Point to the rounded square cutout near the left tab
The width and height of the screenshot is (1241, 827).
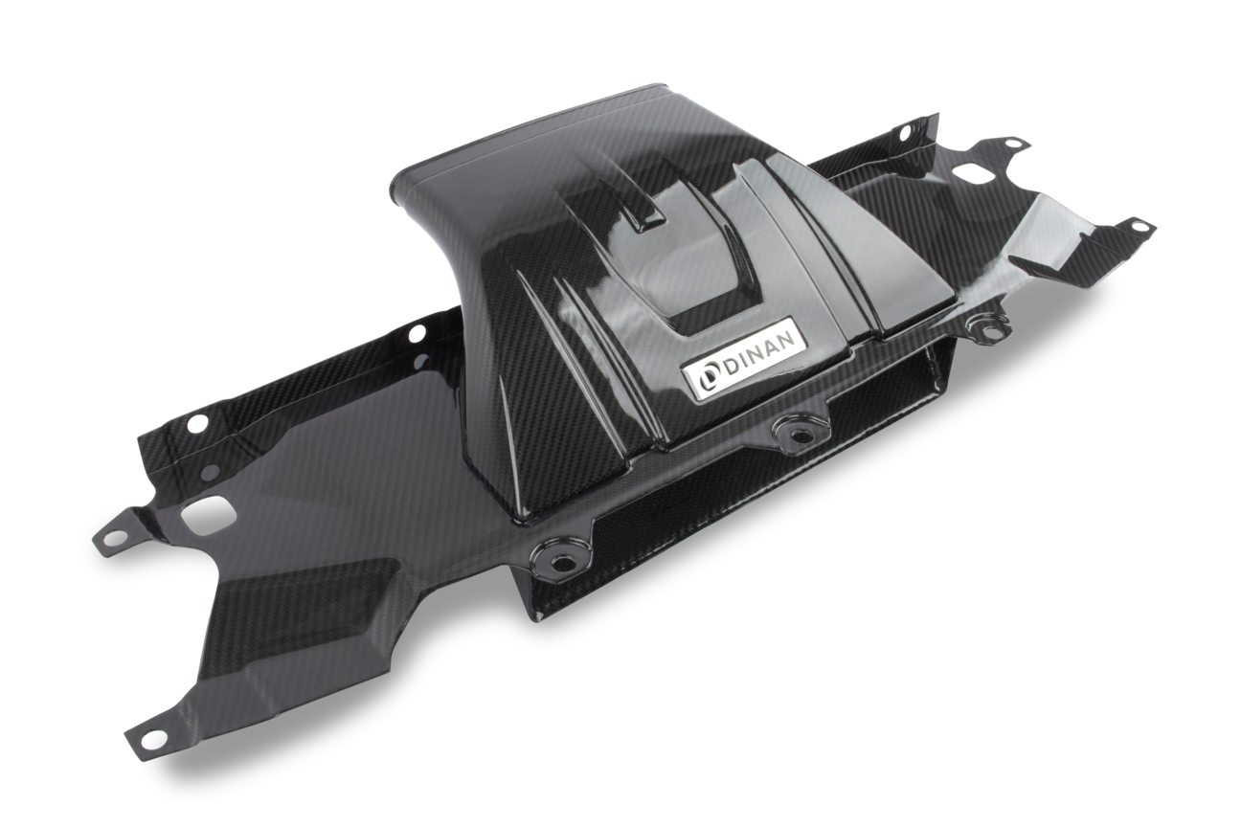pyautogui.click(x=206, y=513)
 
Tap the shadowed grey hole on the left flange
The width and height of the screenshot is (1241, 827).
pyautogui.click(x=210, y=471)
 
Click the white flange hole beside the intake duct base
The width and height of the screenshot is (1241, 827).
pyautogui.click(x=417, y=335)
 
